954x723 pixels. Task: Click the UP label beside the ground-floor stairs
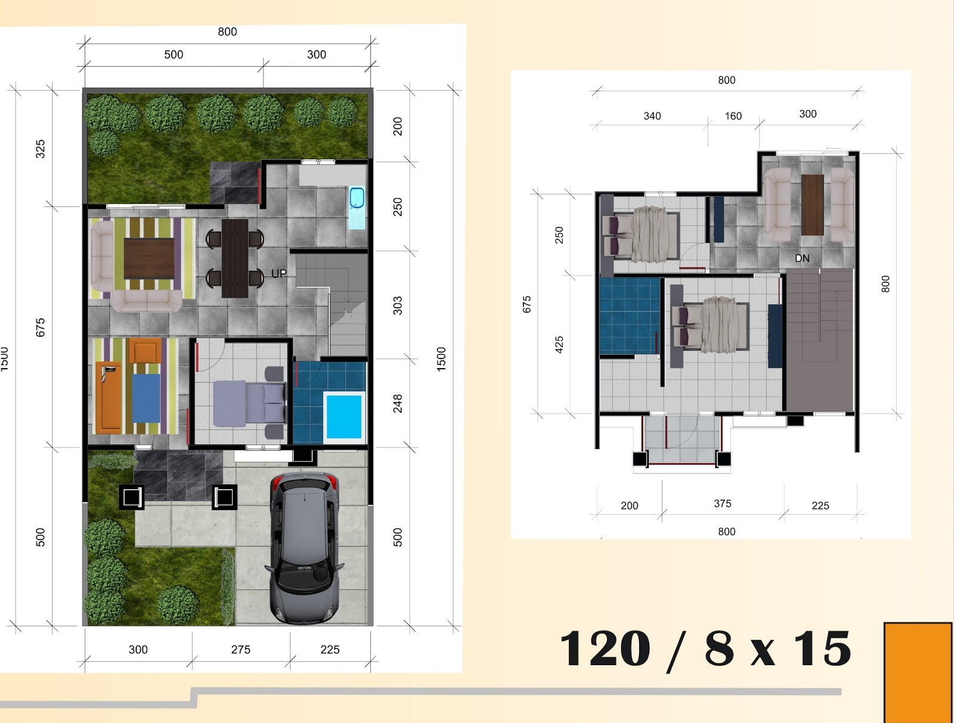point(279,273)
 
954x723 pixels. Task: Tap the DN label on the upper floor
point(802,258)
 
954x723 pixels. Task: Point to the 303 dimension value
point(398,305)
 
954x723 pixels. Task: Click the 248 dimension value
point(398,404)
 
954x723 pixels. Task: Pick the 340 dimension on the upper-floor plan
point(652,116)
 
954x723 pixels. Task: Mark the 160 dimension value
point(733,116)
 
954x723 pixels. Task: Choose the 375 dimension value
point(722,503)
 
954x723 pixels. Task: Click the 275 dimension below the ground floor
point(240,650)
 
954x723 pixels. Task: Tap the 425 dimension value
point(559,345)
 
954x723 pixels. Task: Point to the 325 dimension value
point(40,149)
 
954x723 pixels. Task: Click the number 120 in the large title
point(605,648)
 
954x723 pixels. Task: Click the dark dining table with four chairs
point(235,258)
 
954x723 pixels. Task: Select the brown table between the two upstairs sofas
point(812,205)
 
